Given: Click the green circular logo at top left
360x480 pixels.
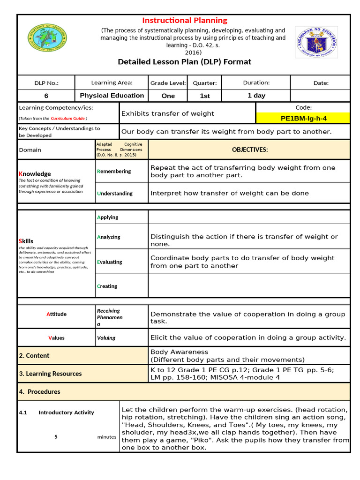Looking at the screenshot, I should click(x=47, y=38).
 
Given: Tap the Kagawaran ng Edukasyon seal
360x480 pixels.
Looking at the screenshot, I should click(x=316, y=42).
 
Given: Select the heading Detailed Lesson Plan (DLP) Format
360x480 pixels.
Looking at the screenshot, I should click(x=184, y=62).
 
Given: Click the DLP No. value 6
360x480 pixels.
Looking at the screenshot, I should click(x=46, y=96).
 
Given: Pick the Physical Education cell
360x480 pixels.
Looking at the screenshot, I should click(x=112, y=96).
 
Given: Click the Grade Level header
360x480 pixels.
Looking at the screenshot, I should click(x=168, y=83).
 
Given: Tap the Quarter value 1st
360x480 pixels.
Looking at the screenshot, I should click(x=205, y=96).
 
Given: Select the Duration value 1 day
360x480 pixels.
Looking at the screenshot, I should click(x=256, y=96).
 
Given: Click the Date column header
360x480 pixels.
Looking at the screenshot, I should click(x=321, y=83).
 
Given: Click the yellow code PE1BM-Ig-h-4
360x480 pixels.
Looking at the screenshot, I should click(x=303, y=119).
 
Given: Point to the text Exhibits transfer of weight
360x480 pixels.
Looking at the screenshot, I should click(x=167, y=113).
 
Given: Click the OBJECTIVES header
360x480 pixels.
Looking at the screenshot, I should click(x=249, y=150).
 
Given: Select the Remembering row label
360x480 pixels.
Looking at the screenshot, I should click(x=114, y=172).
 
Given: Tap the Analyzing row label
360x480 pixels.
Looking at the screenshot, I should click(x=108, y=237).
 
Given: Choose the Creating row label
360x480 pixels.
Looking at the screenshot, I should click(x=107, y=286).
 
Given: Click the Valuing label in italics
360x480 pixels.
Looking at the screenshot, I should click(x=106, y=338).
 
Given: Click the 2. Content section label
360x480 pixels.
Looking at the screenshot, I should click(x=34, y=356).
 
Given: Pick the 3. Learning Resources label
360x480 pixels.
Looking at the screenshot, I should click(x=50, y=374).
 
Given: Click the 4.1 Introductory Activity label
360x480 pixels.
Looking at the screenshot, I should click(x=56, y=412).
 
